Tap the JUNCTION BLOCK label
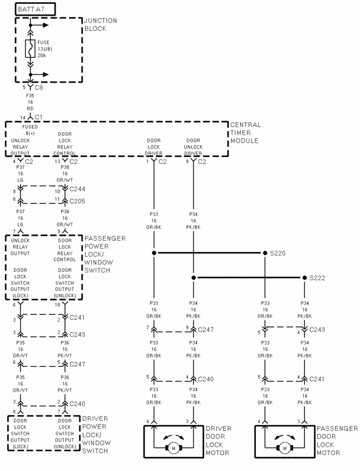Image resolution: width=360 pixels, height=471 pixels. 100,24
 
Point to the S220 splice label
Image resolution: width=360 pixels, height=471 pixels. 277,254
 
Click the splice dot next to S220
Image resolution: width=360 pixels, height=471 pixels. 265,254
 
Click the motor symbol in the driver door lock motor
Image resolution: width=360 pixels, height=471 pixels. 173,448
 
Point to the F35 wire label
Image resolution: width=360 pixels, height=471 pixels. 30,96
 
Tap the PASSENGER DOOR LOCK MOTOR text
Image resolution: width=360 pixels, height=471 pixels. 337,440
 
